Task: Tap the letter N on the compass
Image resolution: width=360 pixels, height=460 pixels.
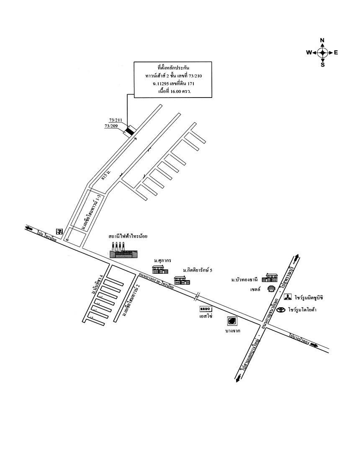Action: (x=322, y=41)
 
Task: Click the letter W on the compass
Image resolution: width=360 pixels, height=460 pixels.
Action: (x=309, y=53)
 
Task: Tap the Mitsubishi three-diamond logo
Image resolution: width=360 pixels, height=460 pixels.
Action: (x=288, y=298)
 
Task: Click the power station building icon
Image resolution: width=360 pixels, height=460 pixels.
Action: (x=121, y=250)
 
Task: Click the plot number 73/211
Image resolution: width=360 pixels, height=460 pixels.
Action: (x=116, y=120)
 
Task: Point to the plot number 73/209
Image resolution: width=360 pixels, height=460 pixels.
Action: (x=111, y=126)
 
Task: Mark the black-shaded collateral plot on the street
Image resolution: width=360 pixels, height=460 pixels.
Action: (x=130, y=131)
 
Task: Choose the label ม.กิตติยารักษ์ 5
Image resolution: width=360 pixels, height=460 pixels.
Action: (x=198, y=270)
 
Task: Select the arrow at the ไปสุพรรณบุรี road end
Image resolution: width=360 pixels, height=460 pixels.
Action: (x=297, y=257)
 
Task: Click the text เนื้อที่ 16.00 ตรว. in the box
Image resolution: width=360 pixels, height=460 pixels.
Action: (x=172, y=91)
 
